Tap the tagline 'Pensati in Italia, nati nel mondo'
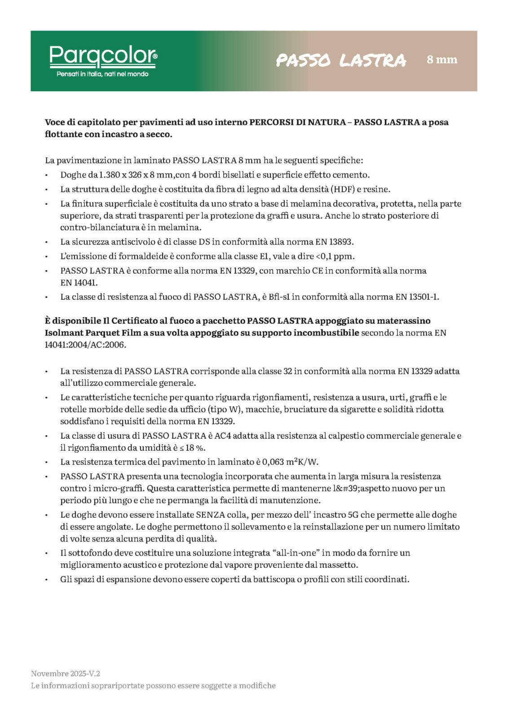[x=102, y=74]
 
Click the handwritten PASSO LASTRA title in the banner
[x=341, y=60]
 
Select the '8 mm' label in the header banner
[x=442, y=59]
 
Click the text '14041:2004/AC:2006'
[x=85, y=345]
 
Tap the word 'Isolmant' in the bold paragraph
[x=62, y=333]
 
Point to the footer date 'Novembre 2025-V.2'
[x=66, y=673]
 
